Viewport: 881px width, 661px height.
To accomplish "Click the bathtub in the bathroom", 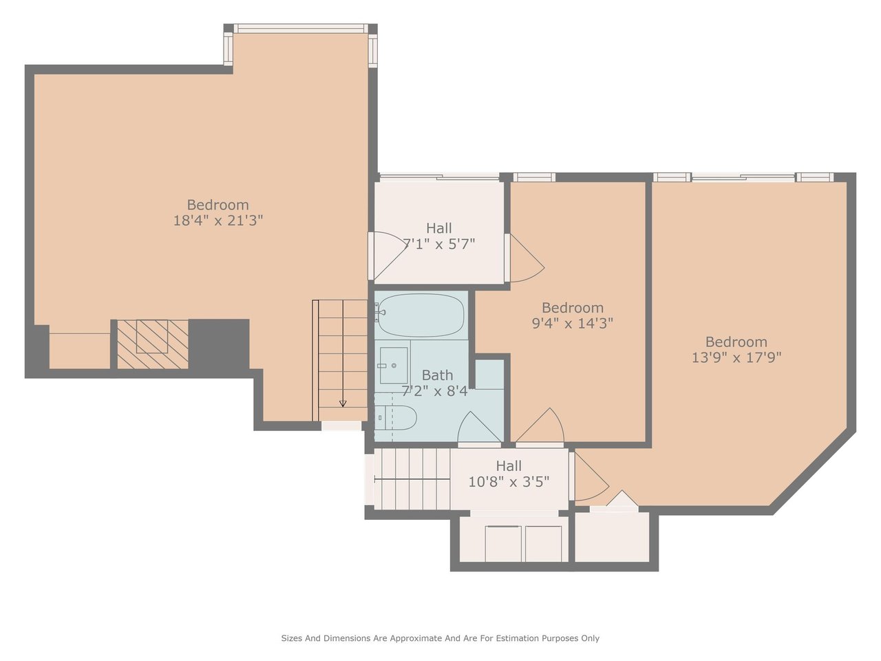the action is tap(421, 315).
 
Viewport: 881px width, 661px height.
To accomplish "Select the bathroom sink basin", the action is tap(393, 365).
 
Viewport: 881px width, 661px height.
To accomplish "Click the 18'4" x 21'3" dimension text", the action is tap(218, 220).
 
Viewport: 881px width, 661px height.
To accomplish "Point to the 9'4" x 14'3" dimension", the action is tap(573, 323).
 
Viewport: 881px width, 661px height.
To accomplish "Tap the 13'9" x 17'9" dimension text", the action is tap(736, 357).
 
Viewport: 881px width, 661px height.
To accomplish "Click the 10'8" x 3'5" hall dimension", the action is tap(509, 481).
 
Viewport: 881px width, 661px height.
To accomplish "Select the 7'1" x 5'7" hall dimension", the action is tap(438, 244).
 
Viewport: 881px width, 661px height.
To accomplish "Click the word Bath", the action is tap(437, 375).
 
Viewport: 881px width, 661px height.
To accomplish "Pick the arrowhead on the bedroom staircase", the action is tap(343, 403).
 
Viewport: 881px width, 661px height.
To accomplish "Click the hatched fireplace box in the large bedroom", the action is tap(153, 344).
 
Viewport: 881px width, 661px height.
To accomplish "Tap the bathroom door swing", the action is tap(480, 428).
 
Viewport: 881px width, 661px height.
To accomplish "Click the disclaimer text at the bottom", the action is tap(440, 638).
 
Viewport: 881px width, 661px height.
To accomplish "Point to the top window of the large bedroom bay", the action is tap(301, 28).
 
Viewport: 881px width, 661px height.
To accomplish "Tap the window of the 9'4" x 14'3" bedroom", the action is tap(534, 177).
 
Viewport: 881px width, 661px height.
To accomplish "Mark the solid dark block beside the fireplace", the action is tap(219, 344).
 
